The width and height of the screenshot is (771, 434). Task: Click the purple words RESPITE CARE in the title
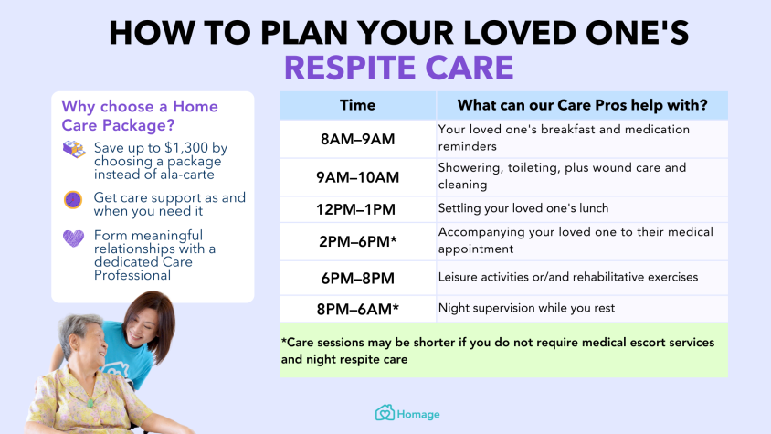[x=399, y=68]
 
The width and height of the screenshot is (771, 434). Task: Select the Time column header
[x=357, y=105]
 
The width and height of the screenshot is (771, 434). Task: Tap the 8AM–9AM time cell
[x=357, y=139]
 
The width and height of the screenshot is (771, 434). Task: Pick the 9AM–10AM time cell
[x=357, y=177]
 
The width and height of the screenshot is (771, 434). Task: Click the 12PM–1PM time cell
[x=357, y=209]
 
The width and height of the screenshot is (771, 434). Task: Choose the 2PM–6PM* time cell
[x=357, y=241]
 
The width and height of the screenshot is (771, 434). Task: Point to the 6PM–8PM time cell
[x=357, y=279]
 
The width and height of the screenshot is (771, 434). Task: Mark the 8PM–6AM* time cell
[x=357, y=309]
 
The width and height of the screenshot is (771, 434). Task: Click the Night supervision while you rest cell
[x=582, y=309]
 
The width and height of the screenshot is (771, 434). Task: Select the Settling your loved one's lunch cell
[x=582, y=209]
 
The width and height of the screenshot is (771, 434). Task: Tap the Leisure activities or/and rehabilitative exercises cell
[x=582, y=279]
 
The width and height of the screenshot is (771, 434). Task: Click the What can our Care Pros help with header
[x=582, y=105]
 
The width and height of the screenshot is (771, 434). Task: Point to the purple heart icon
[x=73, y=238]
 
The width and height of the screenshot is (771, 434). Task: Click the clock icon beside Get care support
[x=73, y=200]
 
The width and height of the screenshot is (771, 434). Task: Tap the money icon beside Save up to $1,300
[x=74, y=149]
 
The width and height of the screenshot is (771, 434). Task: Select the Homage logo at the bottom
[x=407, y=413]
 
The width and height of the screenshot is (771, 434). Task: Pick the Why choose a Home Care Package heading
[x=140, y=116]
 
